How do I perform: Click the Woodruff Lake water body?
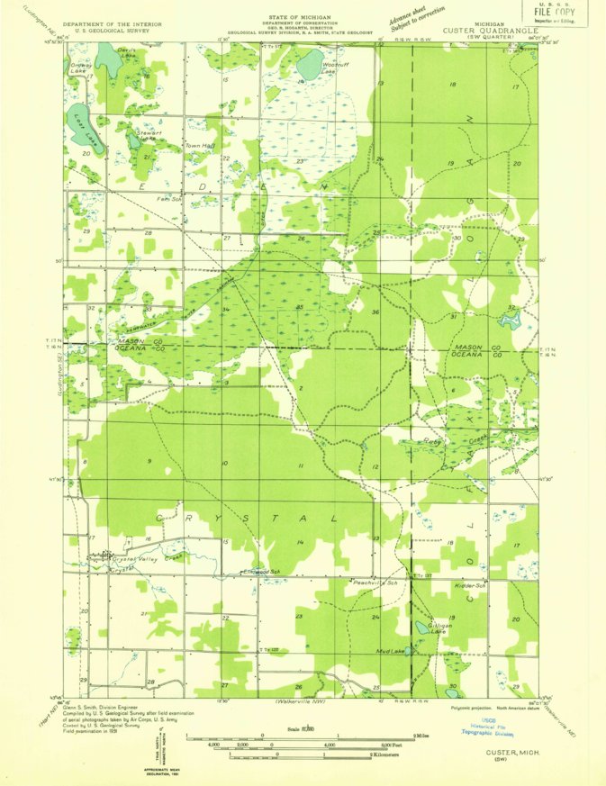309,64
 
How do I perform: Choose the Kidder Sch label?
471,585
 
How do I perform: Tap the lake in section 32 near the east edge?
511,320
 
